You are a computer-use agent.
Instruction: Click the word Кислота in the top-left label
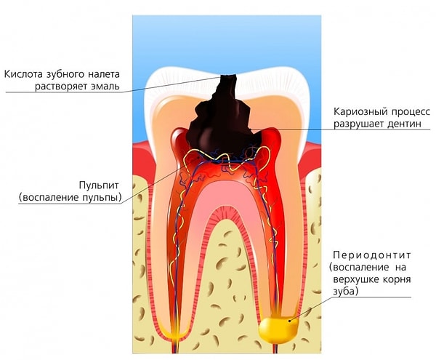point(24,74)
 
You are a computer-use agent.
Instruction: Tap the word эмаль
point(105,87)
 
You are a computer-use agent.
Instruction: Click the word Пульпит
point(99,185)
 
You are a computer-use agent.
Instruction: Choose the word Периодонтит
point(372,255)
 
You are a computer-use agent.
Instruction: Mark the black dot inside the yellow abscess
point(290,321)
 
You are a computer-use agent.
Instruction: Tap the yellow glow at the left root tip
point(175,332)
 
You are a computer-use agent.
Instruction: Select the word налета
point(104,74)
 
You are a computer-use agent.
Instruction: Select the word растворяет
point(62,87)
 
